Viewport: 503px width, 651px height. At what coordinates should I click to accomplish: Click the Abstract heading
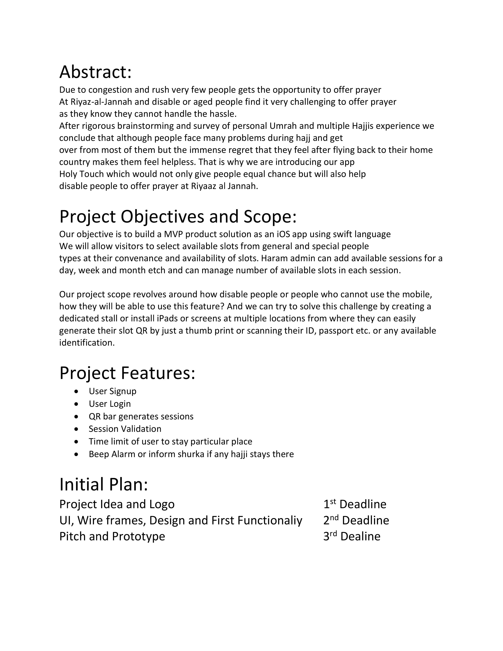[95, 72]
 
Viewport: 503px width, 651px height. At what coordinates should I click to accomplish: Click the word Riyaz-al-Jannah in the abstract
[101, 102]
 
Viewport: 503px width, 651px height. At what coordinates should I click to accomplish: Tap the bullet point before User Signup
[77, 391]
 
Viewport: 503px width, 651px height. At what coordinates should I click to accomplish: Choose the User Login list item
[110, 404]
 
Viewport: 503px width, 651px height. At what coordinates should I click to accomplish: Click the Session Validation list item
[125, 429]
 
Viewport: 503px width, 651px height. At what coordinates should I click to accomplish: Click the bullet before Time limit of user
[77, 441]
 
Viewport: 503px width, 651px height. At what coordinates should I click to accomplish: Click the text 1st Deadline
[355, 504]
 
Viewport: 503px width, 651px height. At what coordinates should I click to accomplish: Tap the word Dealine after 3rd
[360, 537]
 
